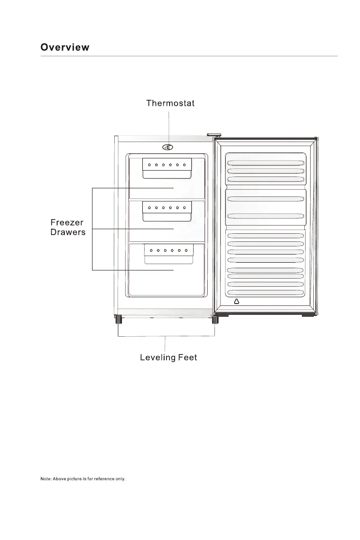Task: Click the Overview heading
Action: [65, 47]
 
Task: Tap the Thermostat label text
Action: [170, 103]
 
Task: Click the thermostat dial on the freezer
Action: [167, 147]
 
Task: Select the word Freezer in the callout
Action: [67, 223]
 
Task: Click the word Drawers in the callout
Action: [68, 232]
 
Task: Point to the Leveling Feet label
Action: [168, 358]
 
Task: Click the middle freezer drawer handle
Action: [167, 211]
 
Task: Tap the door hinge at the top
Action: [214, 135]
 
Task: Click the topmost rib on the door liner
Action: [265, 163]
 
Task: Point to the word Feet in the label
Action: [187, 358]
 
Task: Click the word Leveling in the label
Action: [158, 358]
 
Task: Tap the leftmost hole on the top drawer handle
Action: [149, 164]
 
